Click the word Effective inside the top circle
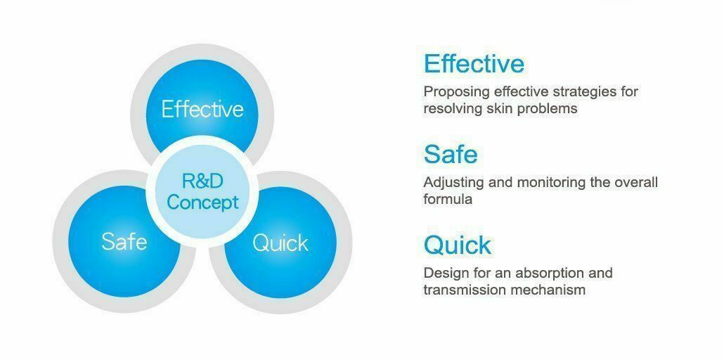point(202,110)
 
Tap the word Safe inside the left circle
point(124,241)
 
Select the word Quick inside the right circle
point(280,243)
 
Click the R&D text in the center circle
point(202,181)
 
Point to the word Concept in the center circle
point(202,202)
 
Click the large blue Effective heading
point(474,64)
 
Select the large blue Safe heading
point(451,155)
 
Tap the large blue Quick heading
point(458,245)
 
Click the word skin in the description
point(500,108)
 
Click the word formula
point(448,199)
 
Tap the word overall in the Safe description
point(636,183)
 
